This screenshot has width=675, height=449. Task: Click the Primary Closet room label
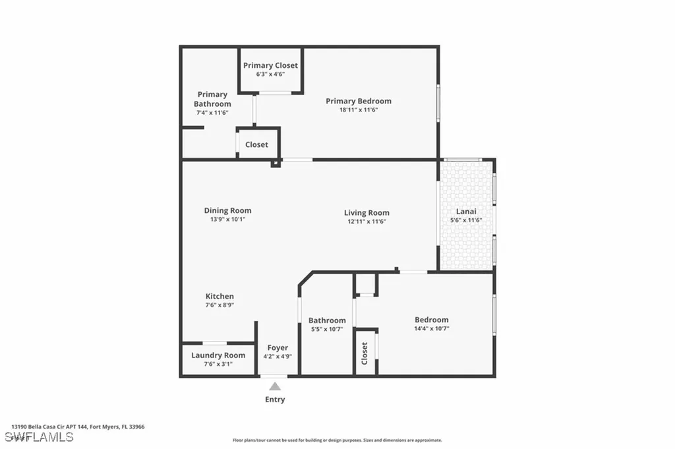(x=270, y=65)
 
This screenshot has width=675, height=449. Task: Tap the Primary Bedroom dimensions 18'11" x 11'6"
(x=358, y=110)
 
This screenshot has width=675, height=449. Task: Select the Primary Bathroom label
(x=212, y=99)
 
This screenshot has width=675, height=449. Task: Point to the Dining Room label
(x=227, y=211)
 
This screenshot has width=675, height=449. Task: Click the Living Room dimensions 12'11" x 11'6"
(x=366, y=222)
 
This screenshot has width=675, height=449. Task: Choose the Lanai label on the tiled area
(x=466, y=211)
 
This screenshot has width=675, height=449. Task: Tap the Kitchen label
(x=220, y=297)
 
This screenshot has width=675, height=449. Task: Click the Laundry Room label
(x=218, y=355)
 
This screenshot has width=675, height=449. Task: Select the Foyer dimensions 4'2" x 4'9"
(x=278, y=357)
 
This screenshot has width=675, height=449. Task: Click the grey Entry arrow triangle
(x=275, y=386)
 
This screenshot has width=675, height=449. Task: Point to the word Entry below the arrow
(x=275, y=400)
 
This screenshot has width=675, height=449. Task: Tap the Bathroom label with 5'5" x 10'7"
(x=327, y=320)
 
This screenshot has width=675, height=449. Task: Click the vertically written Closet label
(x=365, y=353)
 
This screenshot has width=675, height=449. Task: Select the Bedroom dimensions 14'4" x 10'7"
(x=431, y=328)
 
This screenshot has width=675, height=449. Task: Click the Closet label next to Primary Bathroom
(x=256, y=144)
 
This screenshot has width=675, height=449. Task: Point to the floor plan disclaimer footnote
(x=337, y=440)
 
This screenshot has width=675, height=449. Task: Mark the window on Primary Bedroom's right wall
(x=438, y=103)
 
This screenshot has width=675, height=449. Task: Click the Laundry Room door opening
(x=215, y=343)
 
